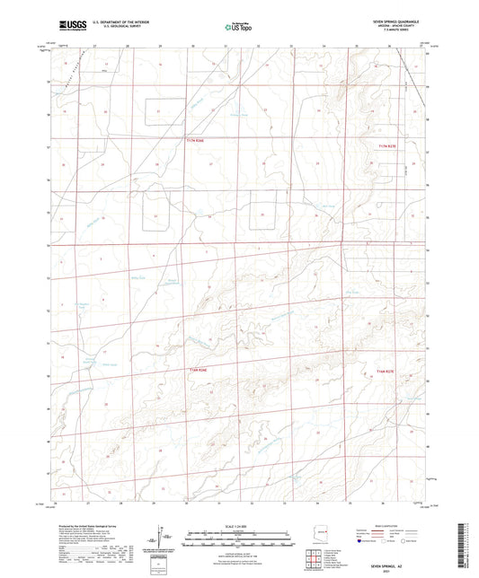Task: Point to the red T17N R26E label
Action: coord(196,140)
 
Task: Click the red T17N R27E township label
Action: coord(387,146)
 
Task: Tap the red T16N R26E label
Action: coord(199,370)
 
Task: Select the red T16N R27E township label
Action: coord(386,372)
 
